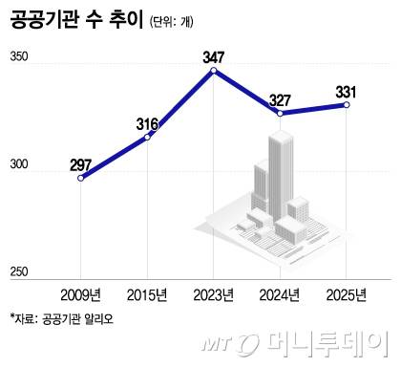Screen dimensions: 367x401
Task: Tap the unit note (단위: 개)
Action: point(184,24)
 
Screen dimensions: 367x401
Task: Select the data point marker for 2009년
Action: point(81,178)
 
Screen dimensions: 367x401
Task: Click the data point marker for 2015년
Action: point(147,138)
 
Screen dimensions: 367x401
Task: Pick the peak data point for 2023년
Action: point(214,71)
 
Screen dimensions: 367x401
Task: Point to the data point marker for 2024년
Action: point(280,114)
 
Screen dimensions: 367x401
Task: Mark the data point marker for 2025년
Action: point(347,105)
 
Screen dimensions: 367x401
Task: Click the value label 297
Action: point(81,163)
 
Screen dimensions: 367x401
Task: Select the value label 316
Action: point(147,123)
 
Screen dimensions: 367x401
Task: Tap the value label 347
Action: point(214,56)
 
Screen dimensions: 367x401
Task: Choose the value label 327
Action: point(280,99)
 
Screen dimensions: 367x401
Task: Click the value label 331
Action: point(347,91)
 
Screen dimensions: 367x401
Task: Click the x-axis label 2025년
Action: point(347,294)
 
